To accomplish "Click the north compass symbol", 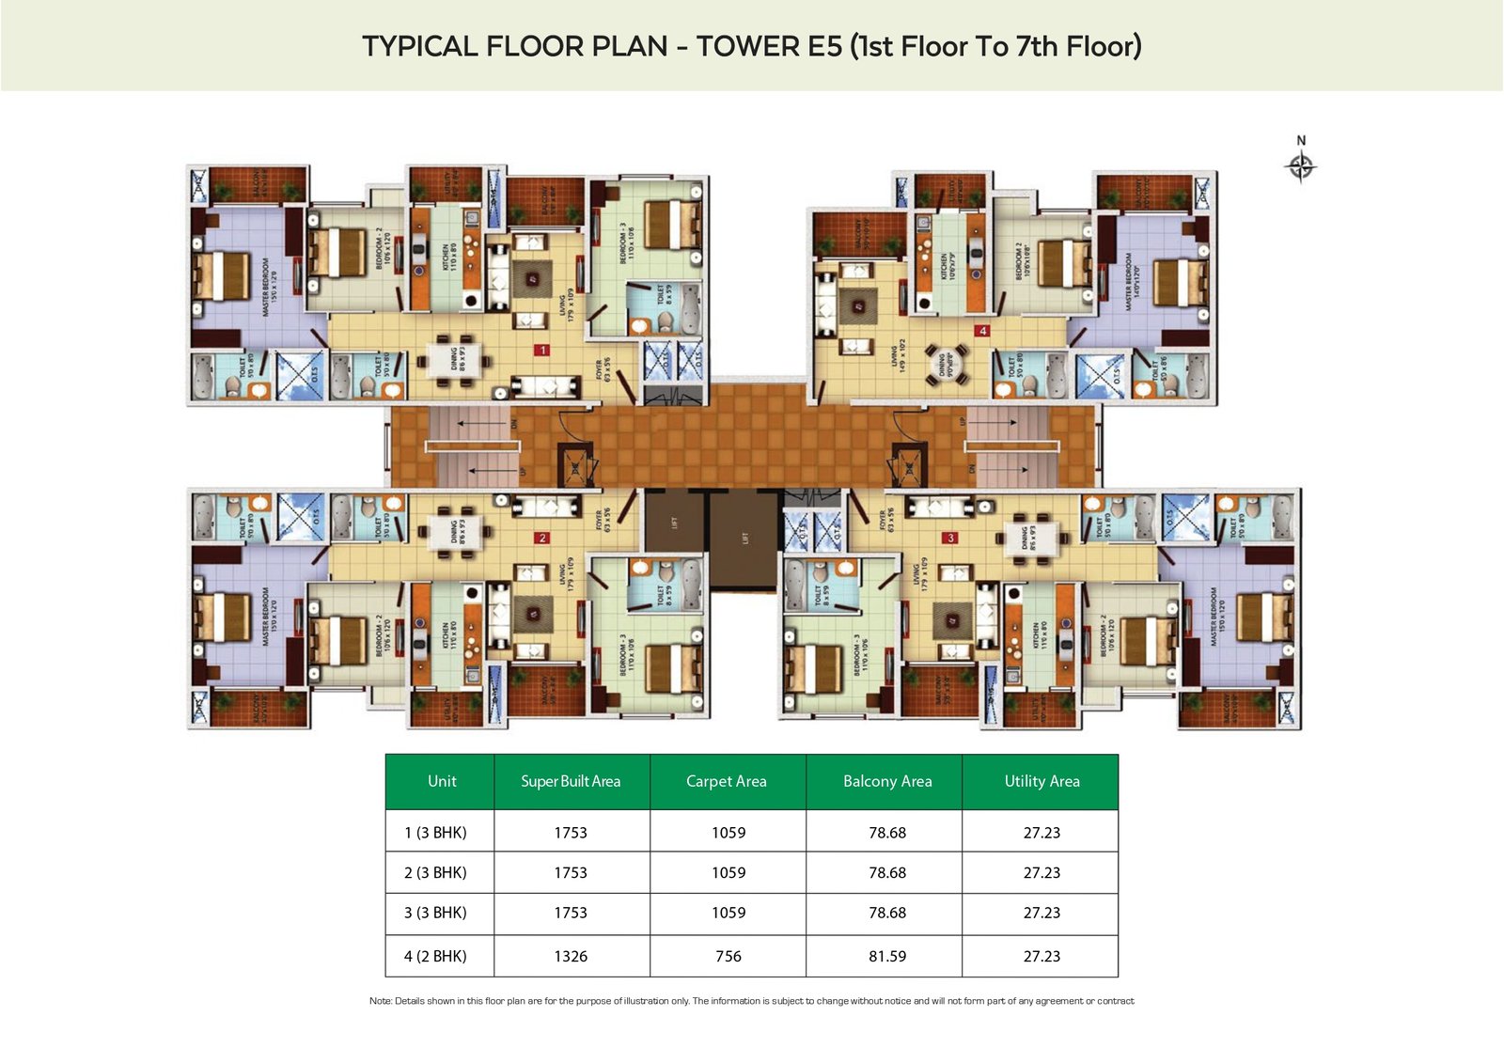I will point(1301,166).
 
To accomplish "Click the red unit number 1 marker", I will point(541,350).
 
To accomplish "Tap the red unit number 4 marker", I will point(982,331).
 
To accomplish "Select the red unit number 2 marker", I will point(541,539).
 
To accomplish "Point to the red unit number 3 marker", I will point(951,538).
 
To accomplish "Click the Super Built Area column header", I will point(571,781).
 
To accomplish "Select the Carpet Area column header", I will point(727,781).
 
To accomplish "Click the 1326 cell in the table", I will point(571,956).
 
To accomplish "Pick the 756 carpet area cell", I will point(728,956).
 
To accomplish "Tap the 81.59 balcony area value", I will point(887,956).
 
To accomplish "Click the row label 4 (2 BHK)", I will point(435,956).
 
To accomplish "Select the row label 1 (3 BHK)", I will point(435,833).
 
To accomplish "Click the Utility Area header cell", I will point(1042,781).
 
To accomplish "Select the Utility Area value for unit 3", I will point(1042,913).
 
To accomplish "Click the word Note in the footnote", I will point(380,1001).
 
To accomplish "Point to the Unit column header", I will point(442,781).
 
